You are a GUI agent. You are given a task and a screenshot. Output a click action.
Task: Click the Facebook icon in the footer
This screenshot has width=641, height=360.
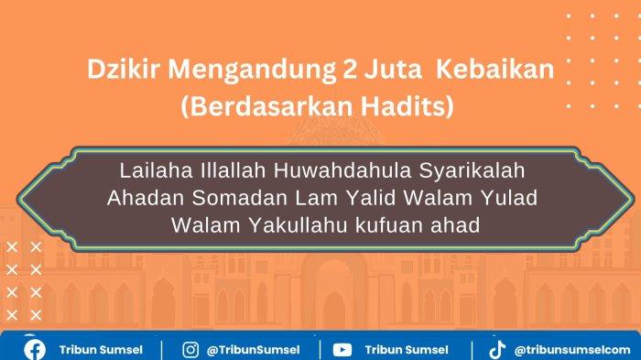pyautogui.click(x=35, y=349)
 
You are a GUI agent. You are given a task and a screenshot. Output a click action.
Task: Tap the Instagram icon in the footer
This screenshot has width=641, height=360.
pyautogui.click(x=190, y=349)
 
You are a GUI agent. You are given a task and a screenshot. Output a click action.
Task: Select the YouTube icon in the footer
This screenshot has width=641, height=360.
pyautogui.click(x=342, y=349)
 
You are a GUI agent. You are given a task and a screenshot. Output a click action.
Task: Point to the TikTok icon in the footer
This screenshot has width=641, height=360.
pyautogui.click(x=497, y=349)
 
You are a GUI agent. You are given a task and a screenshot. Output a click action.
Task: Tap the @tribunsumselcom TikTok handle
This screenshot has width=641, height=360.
pyautogui.click(x=572, y=349)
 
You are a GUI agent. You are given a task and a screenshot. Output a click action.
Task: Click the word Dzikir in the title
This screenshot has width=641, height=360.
pyautogui.click(x=116, y=71)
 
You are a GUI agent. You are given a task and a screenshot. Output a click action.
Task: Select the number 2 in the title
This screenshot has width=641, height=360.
pyautogui.click(x=327, y=71)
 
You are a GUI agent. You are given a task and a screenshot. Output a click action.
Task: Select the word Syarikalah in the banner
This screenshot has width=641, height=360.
pyautogui.click(x=468, y=171)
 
